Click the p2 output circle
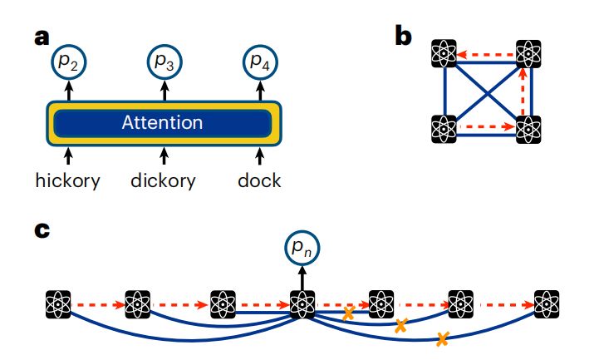pos(68,62)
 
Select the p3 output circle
pos(164,62)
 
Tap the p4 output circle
pos(259,62)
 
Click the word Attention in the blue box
pos(162,123)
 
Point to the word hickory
pos(68,180)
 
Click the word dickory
pos(164,180)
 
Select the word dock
pos(258,180)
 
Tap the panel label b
pos(403,37)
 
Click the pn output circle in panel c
pos(303,248)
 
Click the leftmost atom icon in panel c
pos(59,304)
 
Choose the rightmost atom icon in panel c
pos(546,304)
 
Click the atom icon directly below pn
pos(302,304)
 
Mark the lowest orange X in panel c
pos(442,338)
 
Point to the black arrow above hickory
pos(68,155)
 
